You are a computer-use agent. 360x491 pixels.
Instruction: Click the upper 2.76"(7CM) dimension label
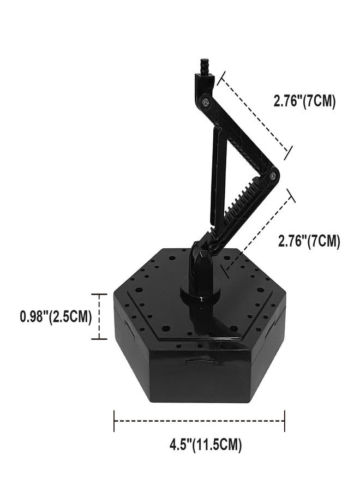coord(304,101)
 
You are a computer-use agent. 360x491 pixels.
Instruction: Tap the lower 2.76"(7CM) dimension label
coord(309,241)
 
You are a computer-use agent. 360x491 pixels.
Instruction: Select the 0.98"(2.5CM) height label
coord(56,316)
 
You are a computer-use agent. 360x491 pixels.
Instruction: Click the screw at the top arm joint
coord(205,102)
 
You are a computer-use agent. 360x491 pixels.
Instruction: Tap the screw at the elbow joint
coord(273,176)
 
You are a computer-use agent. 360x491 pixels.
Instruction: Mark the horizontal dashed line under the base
coord(199,421)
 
